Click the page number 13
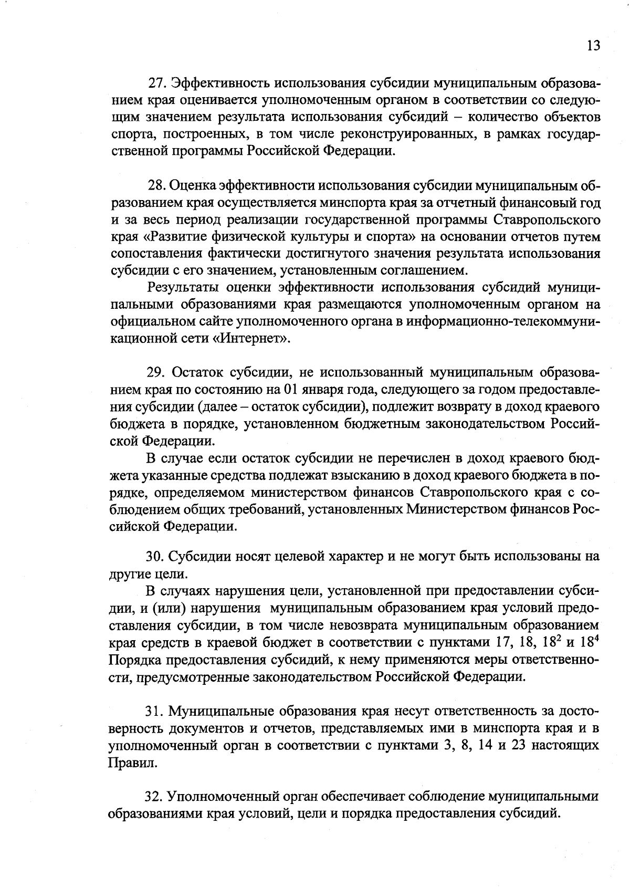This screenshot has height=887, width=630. tap(593, 46)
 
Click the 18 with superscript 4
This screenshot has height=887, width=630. tap(590, 641)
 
